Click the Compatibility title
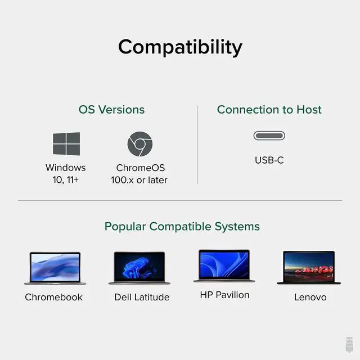pos(180,47)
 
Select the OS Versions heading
pos(111,110)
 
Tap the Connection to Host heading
pos(269,110)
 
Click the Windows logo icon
pos(66,144)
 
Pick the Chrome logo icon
pos(139,144)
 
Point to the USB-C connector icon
pos(269,136)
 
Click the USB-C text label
pos(269,160)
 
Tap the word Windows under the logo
pos(66,168)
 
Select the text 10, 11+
pos(66,180)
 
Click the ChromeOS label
pos(141,168)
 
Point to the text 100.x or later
pos(139,180)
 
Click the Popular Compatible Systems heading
pos(182,227)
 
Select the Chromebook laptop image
pos(54,268)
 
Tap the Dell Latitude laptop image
pos(139,268)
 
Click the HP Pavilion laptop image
pos(224,265)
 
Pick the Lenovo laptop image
pos(309,268)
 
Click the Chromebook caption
pos(54,297)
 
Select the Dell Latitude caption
pos(142,297)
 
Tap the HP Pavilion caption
pos(224,295)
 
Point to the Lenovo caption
pos(310,297)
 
